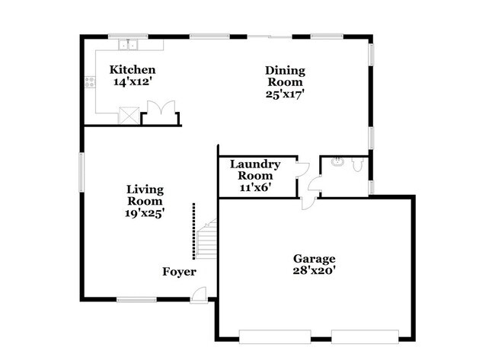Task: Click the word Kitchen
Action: tap(133, 69)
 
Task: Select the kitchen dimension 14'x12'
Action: tap(133, 81)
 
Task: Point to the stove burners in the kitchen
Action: tap(89, 81)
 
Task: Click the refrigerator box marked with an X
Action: tap(129, 115)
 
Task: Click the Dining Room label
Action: tap(284, 76)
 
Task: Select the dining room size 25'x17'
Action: tap(284, 94)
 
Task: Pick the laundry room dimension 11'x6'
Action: tap(255, 186)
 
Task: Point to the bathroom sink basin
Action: tap(337, 162)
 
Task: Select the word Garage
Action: tap(314, 259)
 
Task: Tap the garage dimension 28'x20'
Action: tap(314, 270)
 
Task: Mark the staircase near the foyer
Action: tap(207, 240)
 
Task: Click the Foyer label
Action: tap(179, 272)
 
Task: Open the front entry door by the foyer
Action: tap(199, 295)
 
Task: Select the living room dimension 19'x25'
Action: tap(145, 213)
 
